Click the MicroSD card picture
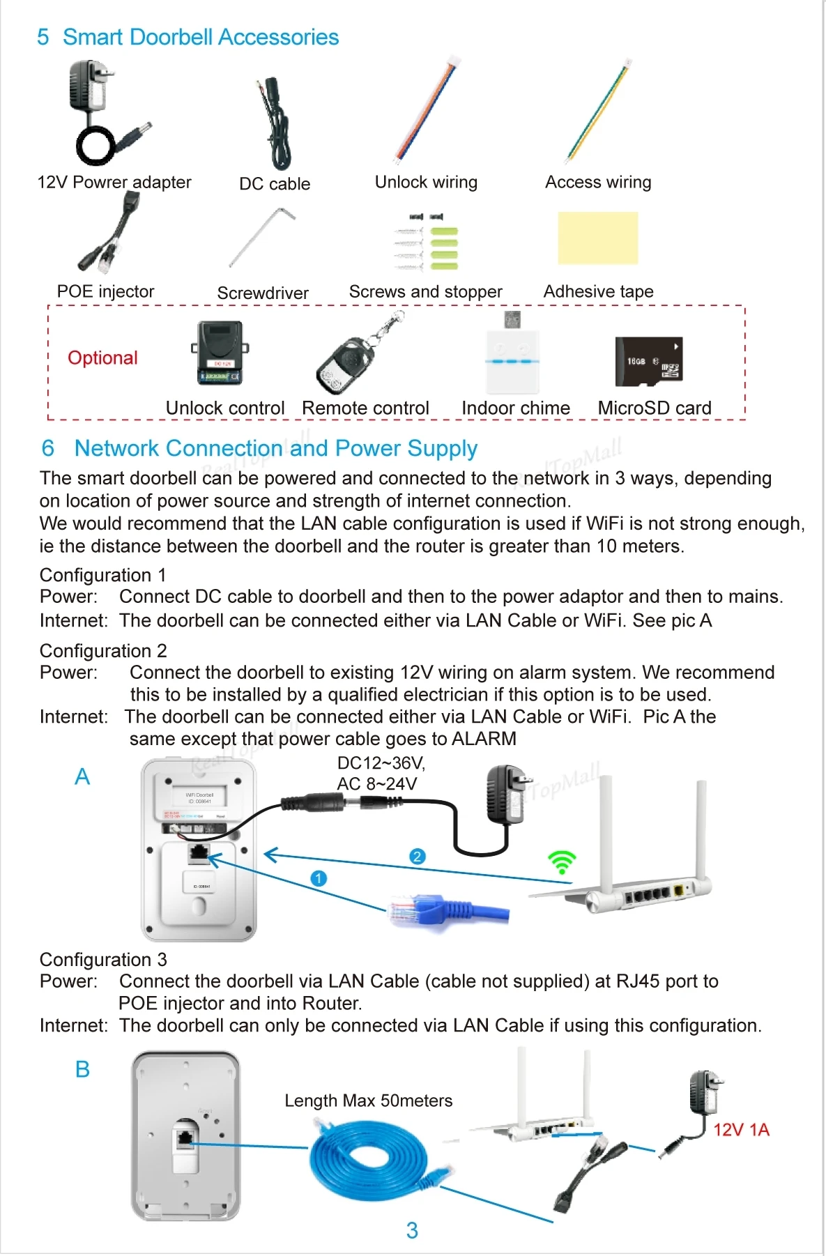tap(648, 361)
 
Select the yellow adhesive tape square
tap(598, 238)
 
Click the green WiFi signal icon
tap(562, 862)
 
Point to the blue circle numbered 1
tap(319, 878)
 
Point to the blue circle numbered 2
tap(417, 857)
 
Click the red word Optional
tap(102, 358)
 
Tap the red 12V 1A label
tap(741, 1129)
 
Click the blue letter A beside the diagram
tap(82, 776)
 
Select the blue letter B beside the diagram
tap(82, 1069)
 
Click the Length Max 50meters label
tap(368, 1101)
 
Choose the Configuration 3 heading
tap(103, 960)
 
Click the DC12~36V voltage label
tap(381, 763)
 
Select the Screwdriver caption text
tap(263, 293)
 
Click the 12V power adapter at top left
tap(105, 112)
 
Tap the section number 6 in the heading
tap(47, 448)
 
